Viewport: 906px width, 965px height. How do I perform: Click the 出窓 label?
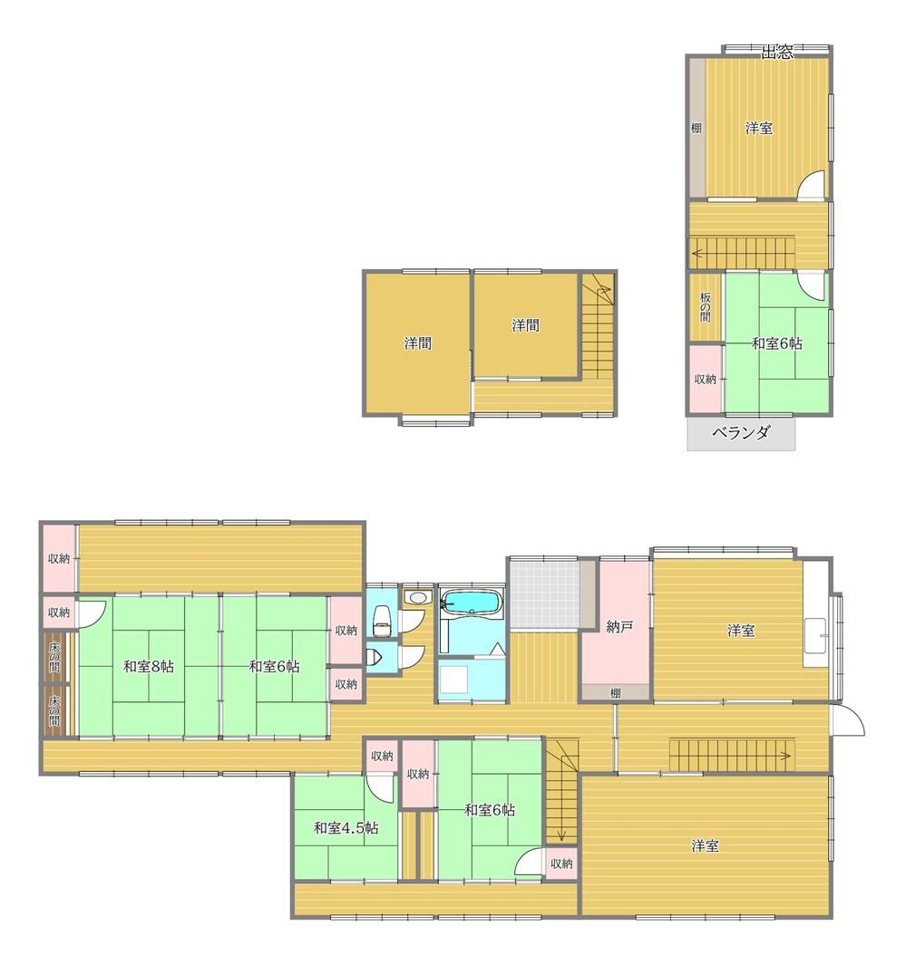(x=776, y=53)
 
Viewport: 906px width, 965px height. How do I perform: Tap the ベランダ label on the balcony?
(x=741, y=432)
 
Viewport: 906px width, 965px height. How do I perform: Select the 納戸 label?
(x=619, y=627)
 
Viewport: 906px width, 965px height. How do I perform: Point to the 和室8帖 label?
(x=149, y=667)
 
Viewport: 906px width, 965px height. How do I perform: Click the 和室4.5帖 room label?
(x=346, y=828)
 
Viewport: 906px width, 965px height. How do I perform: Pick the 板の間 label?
(x=706, y=306)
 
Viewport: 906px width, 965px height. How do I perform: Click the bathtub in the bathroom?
(x=472, y=603)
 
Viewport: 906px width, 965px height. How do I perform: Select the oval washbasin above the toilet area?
(x=417, y=597)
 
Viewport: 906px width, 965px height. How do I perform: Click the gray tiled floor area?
(x=546, y=594)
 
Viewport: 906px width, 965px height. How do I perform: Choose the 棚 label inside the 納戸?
(x=615, y=693)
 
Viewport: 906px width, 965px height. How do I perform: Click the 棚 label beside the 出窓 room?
(x=696, y=128)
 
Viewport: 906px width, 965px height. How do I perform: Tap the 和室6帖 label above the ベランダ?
(x=776, y=343)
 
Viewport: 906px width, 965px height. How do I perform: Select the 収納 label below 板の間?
(x=706, y=379)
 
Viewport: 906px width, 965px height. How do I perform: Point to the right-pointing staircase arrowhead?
(x=787, y=754)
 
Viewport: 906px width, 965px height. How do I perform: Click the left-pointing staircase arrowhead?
(x=697, y=252)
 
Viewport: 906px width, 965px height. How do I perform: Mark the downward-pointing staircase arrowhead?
(x=561, y=835)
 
